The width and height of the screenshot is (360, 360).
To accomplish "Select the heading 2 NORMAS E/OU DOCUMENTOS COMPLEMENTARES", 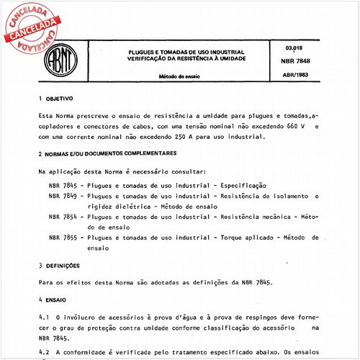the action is click(x=107, y=153).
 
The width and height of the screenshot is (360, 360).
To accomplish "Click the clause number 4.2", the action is click(x=42, y=352).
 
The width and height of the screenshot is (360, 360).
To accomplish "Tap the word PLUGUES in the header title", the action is click(x=142, y=52).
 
